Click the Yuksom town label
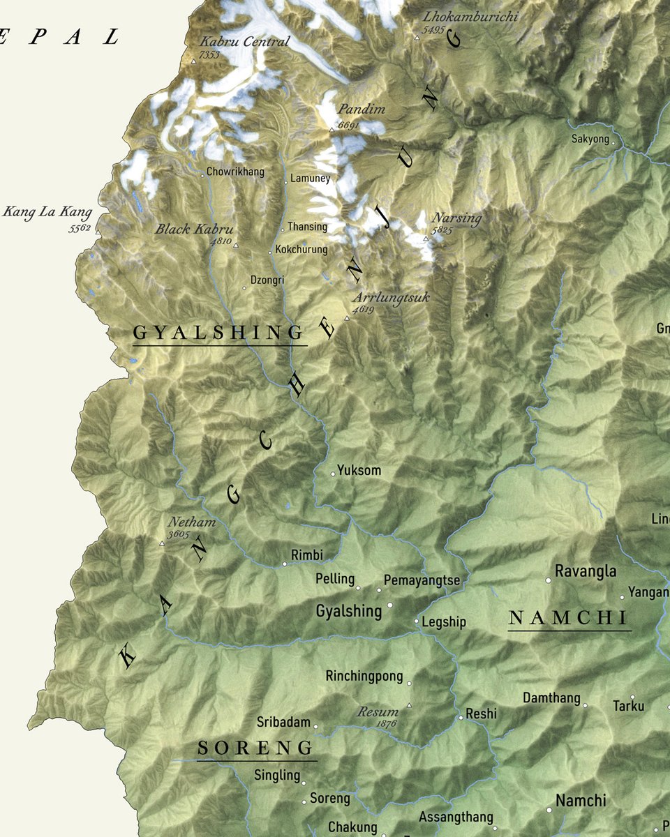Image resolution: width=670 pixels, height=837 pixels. (x=359, y=470)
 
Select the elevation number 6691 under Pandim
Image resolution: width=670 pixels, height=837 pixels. (x=348, y=126)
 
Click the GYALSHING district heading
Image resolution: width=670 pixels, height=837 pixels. (x=219, y=333)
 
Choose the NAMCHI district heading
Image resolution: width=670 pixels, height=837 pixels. (x=569, y=617)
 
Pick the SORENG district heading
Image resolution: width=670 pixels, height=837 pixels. (x=255, y=748)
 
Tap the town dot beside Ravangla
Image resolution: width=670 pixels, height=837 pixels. (x=548, y=580)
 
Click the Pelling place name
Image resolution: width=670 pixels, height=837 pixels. (x=335, y=579)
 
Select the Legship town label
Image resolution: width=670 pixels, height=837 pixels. (x=444, y=622)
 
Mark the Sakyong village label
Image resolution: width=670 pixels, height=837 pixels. (x=590, y=139)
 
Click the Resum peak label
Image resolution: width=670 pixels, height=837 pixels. (x=378, y=713)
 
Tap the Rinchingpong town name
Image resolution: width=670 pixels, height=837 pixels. (x=364, y=676)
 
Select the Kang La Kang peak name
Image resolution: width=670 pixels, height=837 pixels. (x=47, y=211)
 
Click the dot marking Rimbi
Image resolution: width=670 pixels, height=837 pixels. (x=284, y=564)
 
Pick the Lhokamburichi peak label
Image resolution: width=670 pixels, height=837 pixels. (x=470, y=17)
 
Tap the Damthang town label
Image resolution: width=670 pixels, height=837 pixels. (x=551, y=697)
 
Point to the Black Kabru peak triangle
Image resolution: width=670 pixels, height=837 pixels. (x=236, y=246)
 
